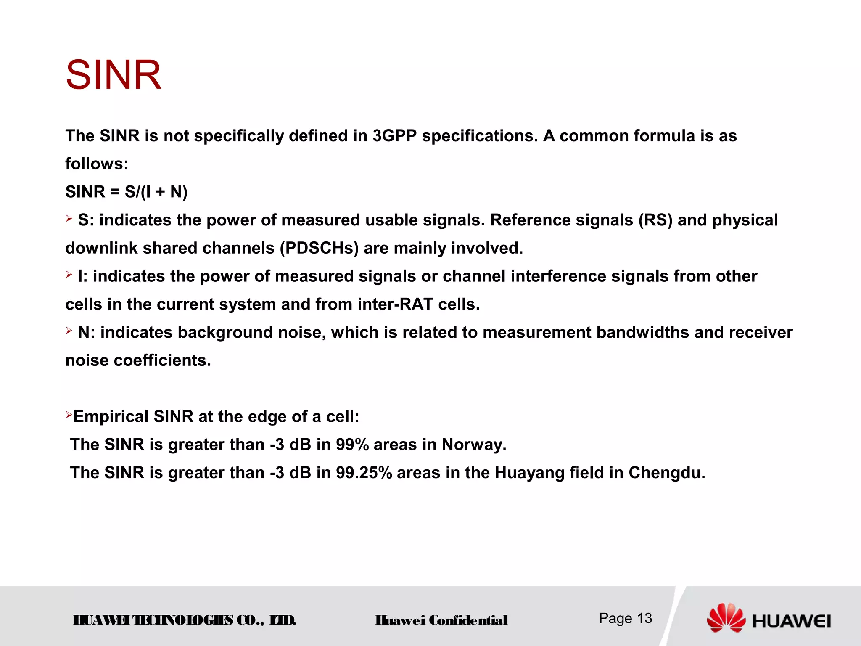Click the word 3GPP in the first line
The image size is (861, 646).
[394, 136]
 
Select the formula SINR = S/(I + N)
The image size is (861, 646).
[126, 192]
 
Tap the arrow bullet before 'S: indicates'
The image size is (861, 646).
[69, 218]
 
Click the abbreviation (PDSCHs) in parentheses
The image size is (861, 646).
[319, 248]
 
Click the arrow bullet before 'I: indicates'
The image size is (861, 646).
[69, 275]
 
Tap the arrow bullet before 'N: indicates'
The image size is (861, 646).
[69, 331]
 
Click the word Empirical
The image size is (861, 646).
[111, 416]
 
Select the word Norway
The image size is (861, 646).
[473, 445]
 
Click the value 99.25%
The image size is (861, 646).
[364, 473]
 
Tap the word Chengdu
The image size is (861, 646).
[666, 473]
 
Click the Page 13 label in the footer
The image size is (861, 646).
[625, 618]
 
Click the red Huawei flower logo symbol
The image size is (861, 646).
[726, 617]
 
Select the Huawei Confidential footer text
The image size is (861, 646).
[441, 620]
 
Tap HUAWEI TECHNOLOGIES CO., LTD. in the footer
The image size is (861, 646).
[185, 620]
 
